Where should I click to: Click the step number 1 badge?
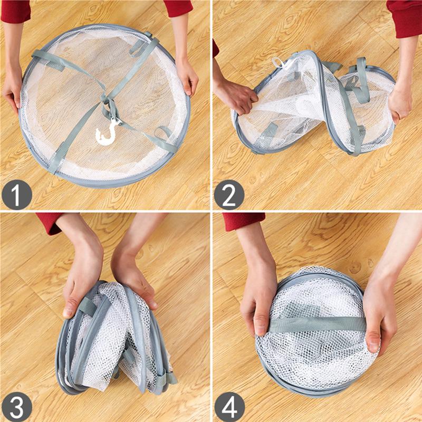tap(17, 195)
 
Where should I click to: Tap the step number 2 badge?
tap(229, 195)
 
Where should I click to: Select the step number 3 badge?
tap(17, 407)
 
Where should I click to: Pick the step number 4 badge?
tap(229, 407)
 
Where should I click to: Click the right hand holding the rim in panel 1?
tap(187, 78)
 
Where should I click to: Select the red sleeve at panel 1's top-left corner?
tap(15, 11)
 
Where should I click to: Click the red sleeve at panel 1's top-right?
tap(179, 7)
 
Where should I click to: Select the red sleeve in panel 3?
tap(50, 222)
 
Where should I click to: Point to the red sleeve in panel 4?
tap(244, 221)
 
